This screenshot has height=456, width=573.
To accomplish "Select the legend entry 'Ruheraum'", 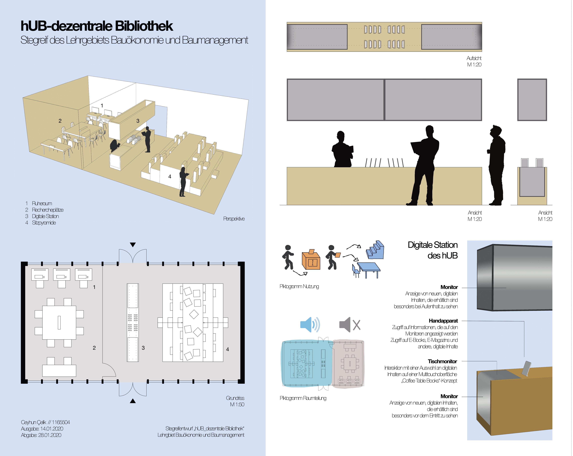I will click(42, 204).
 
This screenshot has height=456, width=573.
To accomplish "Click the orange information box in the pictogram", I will click(311, 261).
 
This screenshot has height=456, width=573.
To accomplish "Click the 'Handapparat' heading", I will click(443, 321).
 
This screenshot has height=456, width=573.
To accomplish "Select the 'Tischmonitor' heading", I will click(442, 361).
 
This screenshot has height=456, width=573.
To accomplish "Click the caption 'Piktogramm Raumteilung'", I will click(303, 398).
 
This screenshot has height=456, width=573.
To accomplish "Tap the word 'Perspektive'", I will click(234, 219).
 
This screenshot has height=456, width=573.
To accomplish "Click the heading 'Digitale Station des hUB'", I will click(433, 250).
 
